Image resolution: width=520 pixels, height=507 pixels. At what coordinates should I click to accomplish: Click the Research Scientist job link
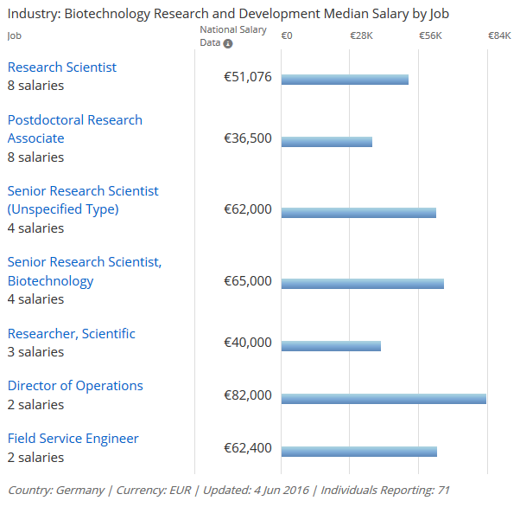[x=62, y=67]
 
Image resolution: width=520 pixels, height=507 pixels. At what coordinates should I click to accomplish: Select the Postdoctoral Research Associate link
[x=74, y=129]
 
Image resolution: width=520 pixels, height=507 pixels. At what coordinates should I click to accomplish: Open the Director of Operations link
[x=75, y=386]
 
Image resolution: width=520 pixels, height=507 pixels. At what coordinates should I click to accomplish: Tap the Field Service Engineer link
[x=73, y=439]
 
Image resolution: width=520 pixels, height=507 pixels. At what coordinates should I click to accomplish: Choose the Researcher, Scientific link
[x=72, y=334]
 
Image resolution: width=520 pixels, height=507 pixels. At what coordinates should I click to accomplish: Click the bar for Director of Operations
[x=384, y=399]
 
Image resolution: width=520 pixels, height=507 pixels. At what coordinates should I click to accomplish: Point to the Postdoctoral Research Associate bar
[x=327, y=142]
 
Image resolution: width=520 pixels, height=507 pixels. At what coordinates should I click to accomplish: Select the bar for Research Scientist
[x=345, y=80]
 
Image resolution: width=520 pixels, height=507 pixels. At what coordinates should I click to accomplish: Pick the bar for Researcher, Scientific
[x=331, y=346]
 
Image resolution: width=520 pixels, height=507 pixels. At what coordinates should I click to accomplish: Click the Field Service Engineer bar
[x=358, y=452]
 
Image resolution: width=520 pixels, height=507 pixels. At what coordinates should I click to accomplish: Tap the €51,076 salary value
[x=248, y=77]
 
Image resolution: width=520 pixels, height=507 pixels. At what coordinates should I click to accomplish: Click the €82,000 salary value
[x=248, y=395]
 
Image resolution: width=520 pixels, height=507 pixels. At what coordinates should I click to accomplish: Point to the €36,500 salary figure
[x=248, y=138]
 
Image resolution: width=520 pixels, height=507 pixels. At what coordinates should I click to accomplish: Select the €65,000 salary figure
[x=248, y=281]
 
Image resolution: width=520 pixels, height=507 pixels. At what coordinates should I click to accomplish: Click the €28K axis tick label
[x=361, y=35]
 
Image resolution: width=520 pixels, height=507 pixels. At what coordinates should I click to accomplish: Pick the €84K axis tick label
[x=499, y=35]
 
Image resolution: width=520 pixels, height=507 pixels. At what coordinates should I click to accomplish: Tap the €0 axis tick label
[x=287, y=35]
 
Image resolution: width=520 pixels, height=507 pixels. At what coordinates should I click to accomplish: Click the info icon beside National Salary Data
[x=228, y=43]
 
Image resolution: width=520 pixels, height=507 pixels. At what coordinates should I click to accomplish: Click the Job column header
[x=13, y=35]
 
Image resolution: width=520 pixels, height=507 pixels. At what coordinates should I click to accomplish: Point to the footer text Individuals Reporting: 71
[x=385, y=491]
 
